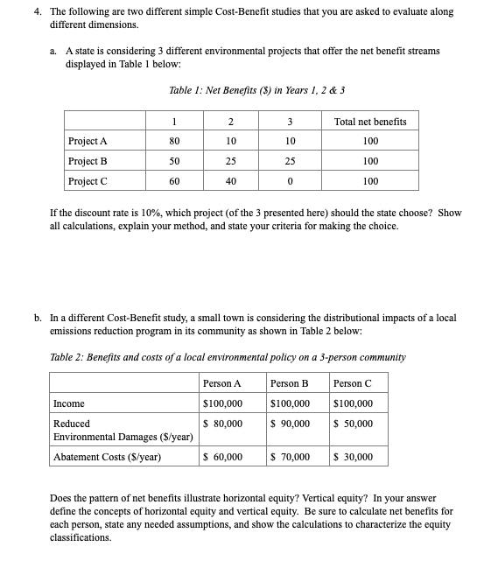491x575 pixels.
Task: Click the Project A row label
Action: pyautogui.click(x=88, y=141)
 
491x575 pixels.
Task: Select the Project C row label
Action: pyautogui.click(x=88, y=181)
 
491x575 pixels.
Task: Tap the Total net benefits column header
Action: pyautogui.click(x=370, y=121)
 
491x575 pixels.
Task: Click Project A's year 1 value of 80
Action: pyautogui.click(x=174, y=141)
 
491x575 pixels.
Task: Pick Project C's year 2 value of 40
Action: pyautogui.click(x=230, y=181)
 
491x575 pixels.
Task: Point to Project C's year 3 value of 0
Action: pyautogui.click(x=290, y=181)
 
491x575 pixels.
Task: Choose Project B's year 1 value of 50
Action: pyautogui.click(x=174, y=161)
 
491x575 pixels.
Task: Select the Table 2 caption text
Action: pyautogui.click(x=228, y=357)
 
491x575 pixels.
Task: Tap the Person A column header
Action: pyautogui.click(x=221, y=383)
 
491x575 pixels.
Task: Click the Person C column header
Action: pyautogui.click(x=353, y=383)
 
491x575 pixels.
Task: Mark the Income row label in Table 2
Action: pyautogui.click(x=69, y=403)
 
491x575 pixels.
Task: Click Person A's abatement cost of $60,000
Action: pyautogui.click(x=223, y=456)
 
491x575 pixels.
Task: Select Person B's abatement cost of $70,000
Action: pyautogui.click(x=291, y=456)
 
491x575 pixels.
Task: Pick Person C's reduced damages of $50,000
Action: pyautogui.click(x=354, y=423)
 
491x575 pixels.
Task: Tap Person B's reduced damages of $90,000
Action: pyautogui.click(x=291, y=423)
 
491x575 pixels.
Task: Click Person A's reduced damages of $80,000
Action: pyautogui.click(x=223, y=423)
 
